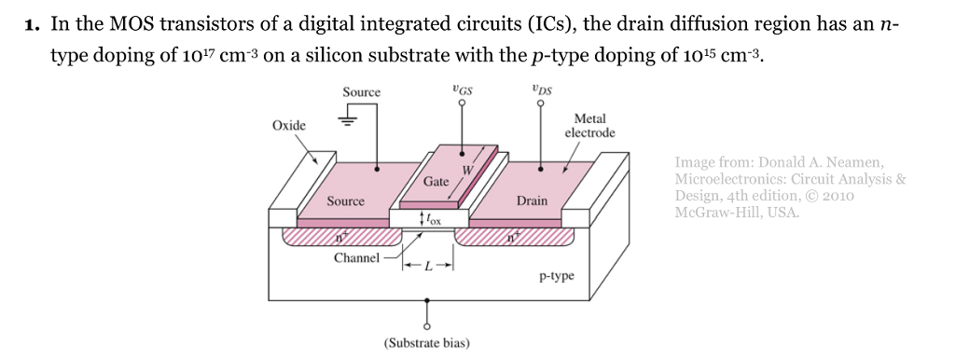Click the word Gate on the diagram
(436, 181)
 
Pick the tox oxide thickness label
(430, 220)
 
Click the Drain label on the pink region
(532, 201)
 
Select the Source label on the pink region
(345, 201)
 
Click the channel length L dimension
(428, 267)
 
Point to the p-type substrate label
(557, 277)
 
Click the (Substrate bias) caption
(427, 342)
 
